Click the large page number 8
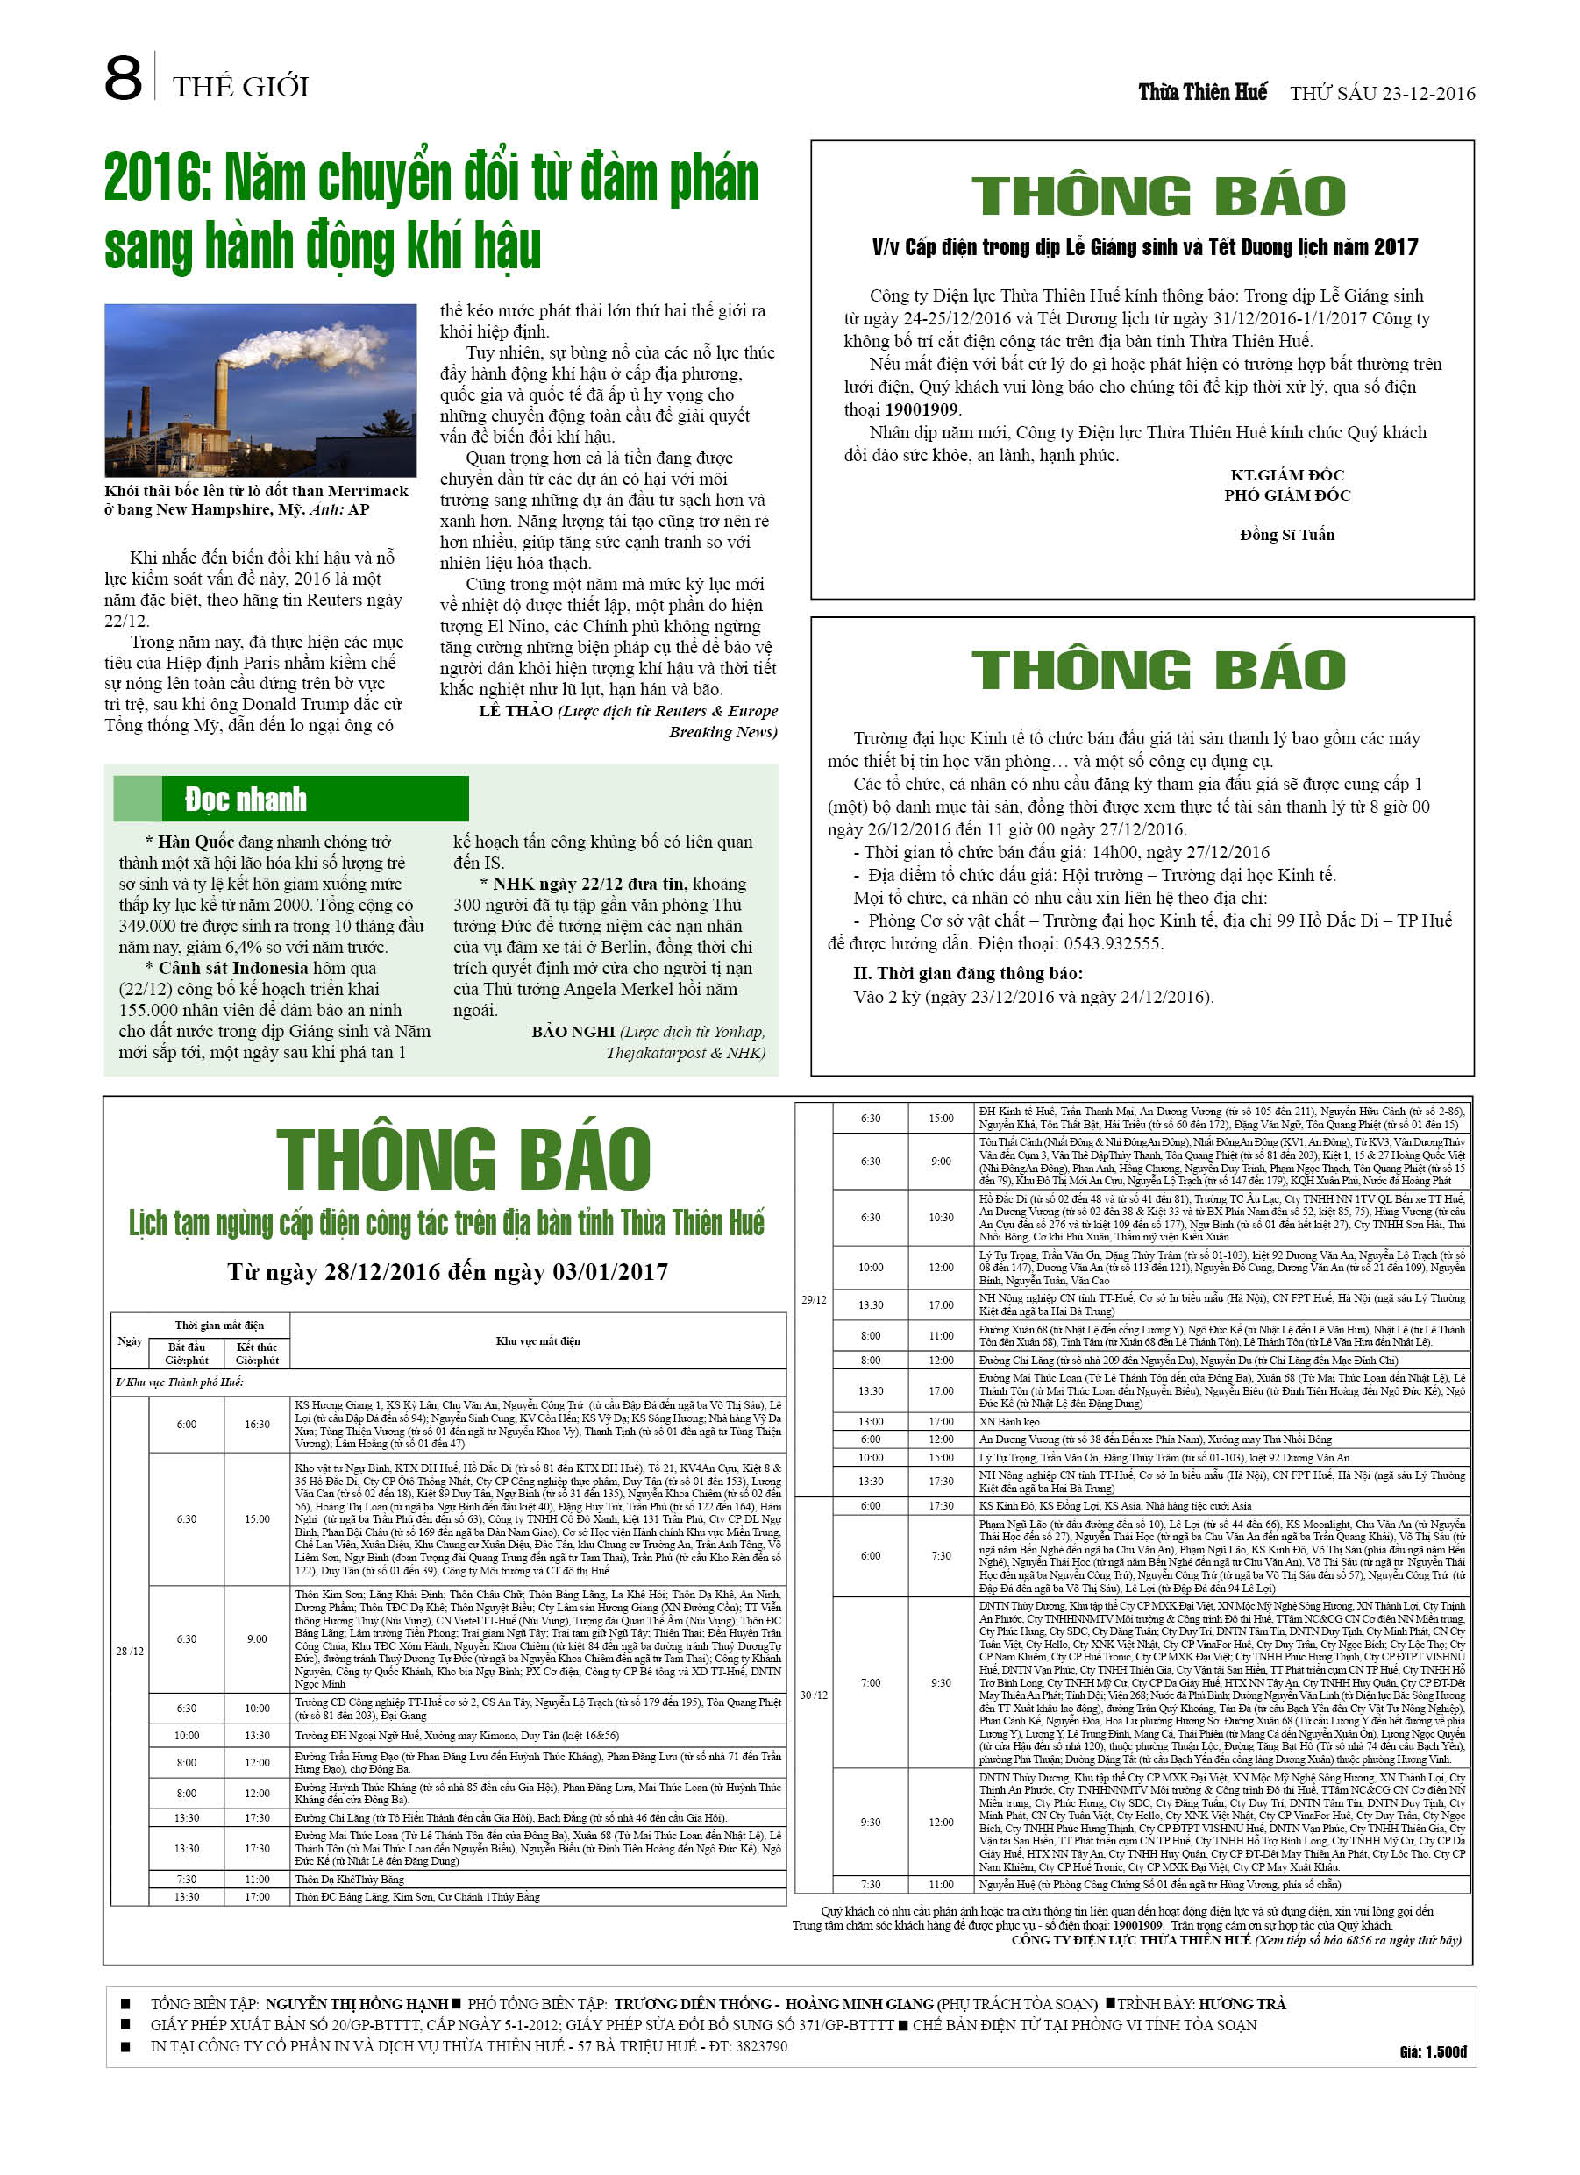pyautogui.click(x=123, y=79)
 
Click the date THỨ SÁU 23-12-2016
pyautogui.click(x=1382, y=93)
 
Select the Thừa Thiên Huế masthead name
pyautogui.click(x=1202, y=92)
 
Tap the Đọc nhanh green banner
pyautogui.click(x=291, y=799)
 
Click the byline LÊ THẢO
pyautogui.click(x=516, y=711)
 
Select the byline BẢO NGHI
pyautogui.click(x=573, y=1032)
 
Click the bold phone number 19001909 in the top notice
pyautogui.click(x=922, y=409)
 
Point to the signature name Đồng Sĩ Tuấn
pyautogui.click(x=1286, y=534)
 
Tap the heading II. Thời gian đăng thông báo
pyautogui.click(x=968, y=973)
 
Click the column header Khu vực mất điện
pyautogui.click(x=537, y=1340)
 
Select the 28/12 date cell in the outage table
pyautogui.click(x=130, y=1652)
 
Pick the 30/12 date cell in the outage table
pyautogui.click(x=814, y=1695)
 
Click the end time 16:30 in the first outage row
pyautogui.click(x=257, y=1424)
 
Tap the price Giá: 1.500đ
pyautogui.click(x=1433, y=2052)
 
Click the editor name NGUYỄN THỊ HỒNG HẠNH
pyautogui.click(x=356, y=2003)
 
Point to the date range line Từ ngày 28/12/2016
pyautogui.click(x=447, y=1272)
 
